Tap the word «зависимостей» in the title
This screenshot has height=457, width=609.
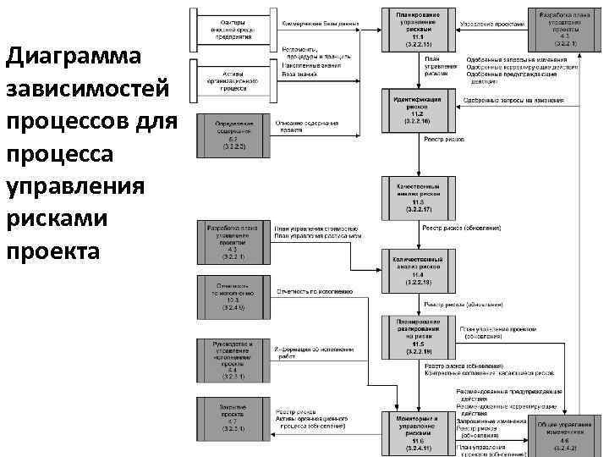pyautogui.click(x=87, y=89)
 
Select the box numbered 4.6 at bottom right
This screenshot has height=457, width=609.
pyautogui.click(x=562, y=435)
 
